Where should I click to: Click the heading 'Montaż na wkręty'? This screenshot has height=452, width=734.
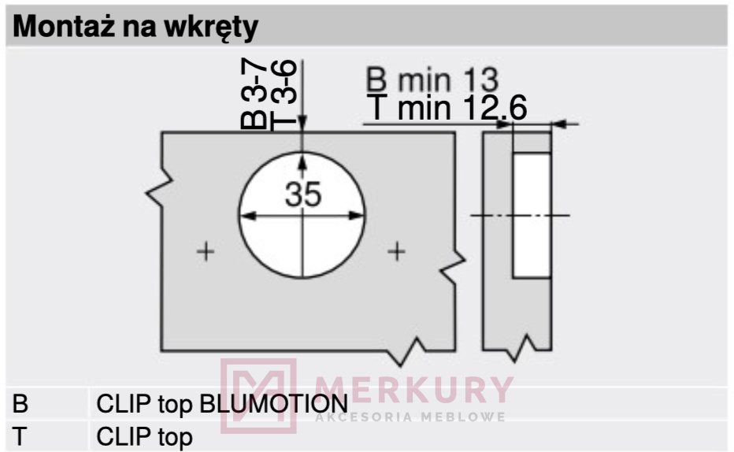coord(135,27)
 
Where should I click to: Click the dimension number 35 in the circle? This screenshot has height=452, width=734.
coord(303,195)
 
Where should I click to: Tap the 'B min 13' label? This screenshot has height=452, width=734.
coord(432,80)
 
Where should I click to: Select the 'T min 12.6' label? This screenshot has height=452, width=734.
coord(447,108)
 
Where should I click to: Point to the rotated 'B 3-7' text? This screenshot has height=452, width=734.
coord(254,94)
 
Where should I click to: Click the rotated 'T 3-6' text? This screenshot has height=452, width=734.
coord(284,94)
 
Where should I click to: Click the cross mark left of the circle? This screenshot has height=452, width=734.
coord(206,252)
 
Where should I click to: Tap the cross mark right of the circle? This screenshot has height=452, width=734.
coord(396,252)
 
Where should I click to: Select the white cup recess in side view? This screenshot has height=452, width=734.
coord(532,216)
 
